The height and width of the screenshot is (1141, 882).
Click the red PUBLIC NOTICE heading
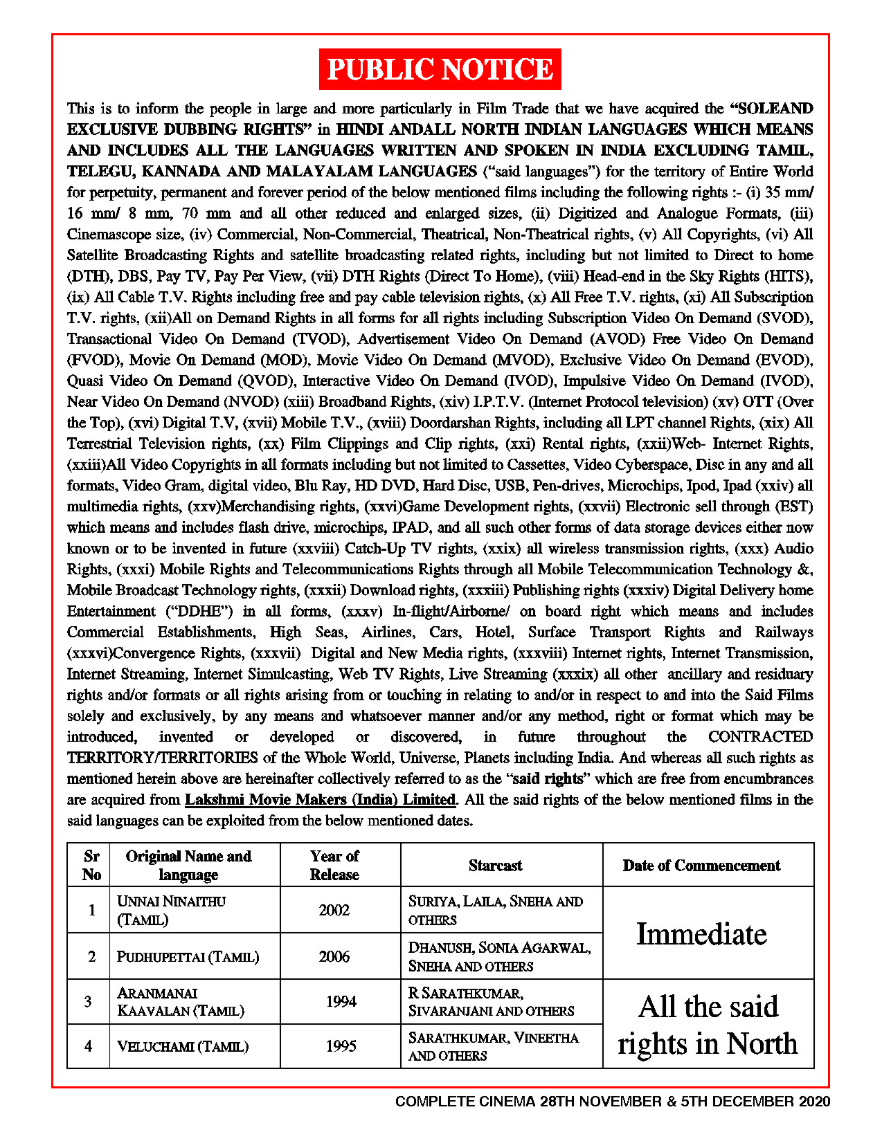click(440, 69)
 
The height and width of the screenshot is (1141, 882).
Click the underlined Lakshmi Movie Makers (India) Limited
click(320, 800)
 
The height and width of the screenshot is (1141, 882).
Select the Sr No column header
click(91, 865)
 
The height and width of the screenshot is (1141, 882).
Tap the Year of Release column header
click(334, 865)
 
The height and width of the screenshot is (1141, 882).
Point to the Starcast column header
click(495, 866)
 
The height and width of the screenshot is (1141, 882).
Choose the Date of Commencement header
click(701, 866)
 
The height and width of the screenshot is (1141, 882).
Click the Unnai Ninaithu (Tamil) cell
click(171, 910)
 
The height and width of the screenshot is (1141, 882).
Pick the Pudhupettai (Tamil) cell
click(188, 957)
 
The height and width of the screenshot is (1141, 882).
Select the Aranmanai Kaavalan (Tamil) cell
click(180, 1002)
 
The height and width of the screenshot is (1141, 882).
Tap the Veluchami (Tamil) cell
click(182, 1047)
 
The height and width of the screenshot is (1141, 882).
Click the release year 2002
click(334, 911)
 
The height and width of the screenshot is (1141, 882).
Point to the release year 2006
click(334, 957)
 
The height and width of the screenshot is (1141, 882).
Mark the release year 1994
click(341, 1002)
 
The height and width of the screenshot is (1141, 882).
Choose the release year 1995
click(341, 1046)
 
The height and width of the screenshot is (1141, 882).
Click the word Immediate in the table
click(701, 934)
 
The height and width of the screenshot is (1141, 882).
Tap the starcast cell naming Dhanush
click(499, 957)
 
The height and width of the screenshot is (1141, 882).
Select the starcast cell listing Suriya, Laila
click(495, 910)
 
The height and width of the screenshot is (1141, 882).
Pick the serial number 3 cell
click(88, 1002)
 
